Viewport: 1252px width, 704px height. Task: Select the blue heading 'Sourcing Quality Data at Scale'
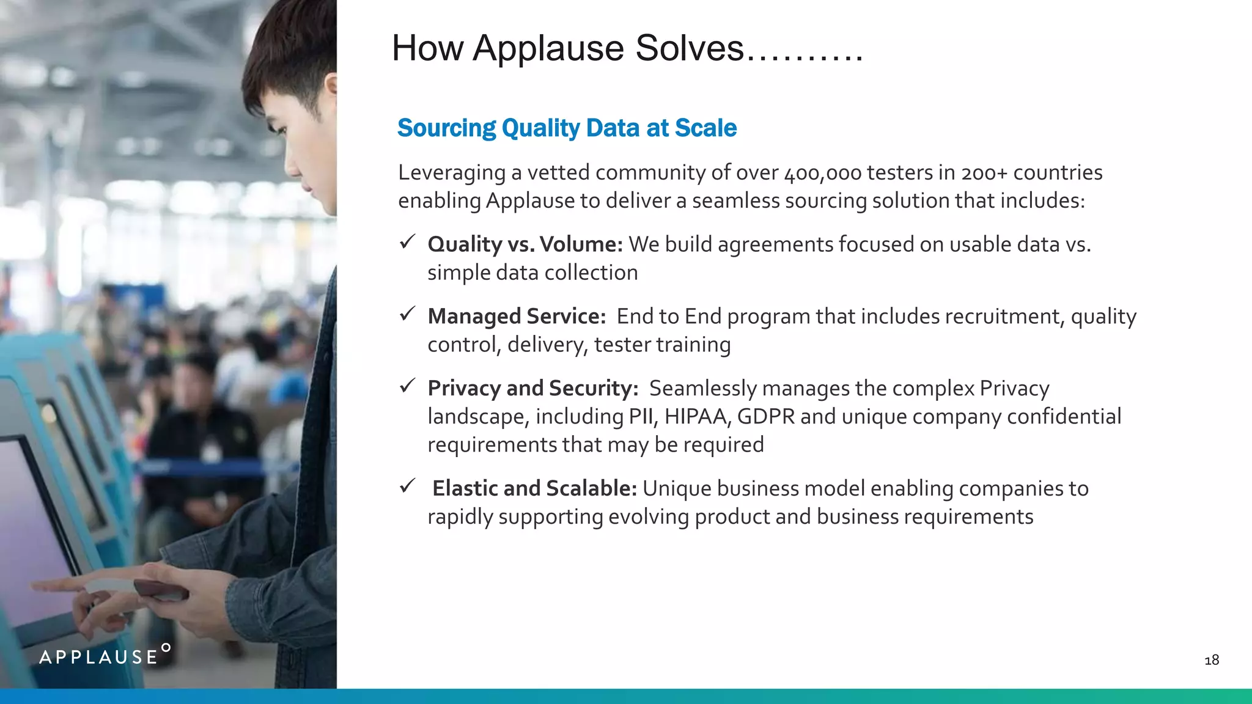click(x=567, y=128)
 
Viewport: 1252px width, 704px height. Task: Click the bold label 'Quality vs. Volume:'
click(x=525, y=244)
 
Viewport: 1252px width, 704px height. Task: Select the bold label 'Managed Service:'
click(x=516, y=317)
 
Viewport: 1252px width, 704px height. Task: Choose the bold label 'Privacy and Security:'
click(x=532, y=389)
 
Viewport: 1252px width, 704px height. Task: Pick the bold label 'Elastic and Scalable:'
click(x=534, y=489)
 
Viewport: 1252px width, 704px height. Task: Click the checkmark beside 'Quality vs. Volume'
click(x=407, y=242)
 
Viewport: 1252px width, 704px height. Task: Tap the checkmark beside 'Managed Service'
click(x=407, y=314)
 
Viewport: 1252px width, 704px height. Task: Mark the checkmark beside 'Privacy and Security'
click(x=407, y=386)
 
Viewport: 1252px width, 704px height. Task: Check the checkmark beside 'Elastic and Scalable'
click(x=407, y=486)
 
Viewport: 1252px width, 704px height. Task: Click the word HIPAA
click(x=697, y=417)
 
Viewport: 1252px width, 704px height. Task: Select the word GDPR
click(x=765, y=417)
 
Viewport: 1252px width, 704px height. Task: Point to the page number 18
click(x=1211, y=660)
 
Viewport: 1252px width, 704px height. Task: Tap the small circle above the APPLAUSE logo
click(x=166, y=647)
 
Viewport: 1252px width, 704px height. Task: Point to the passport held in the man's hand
click(x=160, y=590)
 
